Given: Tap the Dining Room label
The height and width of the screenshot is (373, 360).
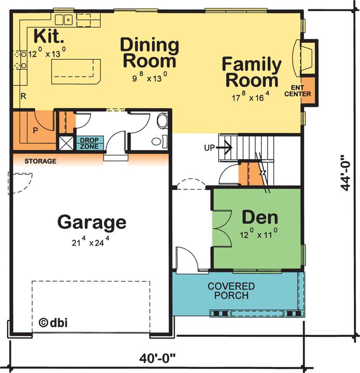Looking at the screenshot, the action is pyautogui.click(x=149, y=53).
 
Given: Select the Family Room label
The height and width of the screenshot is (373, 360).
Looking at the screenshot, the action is pyautogui.click(x=251, y=72).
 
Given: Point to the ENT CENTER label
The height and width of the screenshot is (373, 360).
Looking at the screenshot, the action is pyautogui.click(x=298, y=91).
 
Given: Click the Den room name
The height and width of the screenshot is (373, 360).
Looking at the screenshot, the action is pyautogui.click(x=260, y=217).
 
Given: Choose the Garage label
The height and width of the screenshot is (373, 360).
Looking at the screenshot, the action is pyautogui.click(x=92, y=222).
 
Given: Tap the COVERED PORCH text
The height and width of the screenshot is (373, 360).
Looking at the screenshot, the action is pyautogui.click(x=231, y=290).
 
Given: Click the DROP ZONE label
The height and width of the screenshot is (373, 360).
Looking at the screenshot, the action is pyautogui.click(x=89, y=143).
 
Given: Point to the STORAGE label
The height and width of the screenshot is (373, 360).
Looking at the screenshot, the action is pyautogui.click(x=41, y=161).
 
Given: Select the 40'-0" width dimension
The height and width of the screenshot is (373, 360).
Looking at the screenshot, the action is pyautogui.click(x=157, y=358).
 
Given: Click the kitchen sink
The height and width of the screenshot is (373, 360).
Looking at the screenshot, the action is pyautogui.click(x=64, y=20).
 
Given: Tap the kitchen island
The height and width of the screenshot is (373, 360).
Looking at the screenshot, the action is pyautogui.click(x=76, y=72).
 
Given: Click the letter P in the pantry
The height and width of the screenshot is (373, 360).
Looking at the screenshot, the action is pyautogui.click(x=35, y=131).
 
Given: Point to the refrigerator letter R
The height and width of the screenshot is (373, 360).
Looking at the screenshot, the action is pyautogui.click(x=23, y=97).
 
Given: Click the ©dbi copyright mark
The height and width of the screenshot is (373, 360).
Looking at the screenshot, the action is pyautogui.click(x=53, y=322).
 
